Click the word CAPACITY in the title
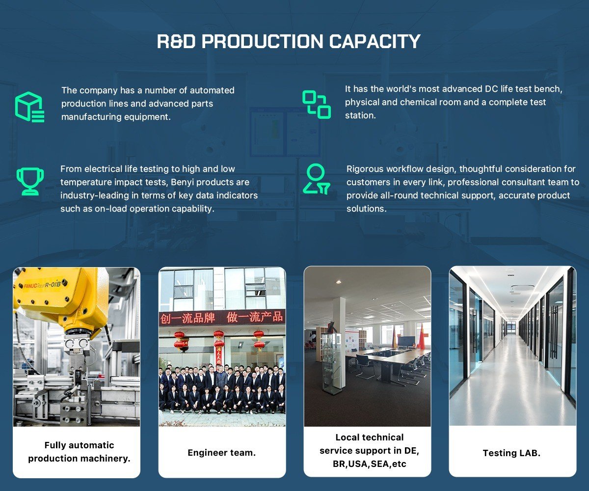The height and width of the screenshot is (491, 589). (x=375, y=41)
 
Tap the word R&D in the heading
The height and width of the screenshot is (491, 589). (x=176, y=41)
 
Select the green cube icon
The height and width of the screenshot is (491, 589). (x=29, y=107)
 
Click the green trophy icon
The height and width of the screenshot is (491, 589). (x=30, y=182)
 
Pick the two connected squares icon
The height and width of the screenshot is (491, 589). (x=317, y=105)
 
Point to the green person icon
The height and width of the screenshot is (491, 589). (x=316, y=179)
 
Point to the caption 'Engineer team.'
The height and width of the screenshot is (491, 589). (x=222, y=453)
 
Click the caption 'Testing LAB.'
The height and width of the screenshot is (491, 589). (x=511, y=453)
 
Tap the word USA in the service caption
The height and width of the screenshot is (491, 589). (x=359, y=464)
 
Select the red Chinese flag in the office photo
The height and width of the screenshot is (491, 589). (x=421, y=337)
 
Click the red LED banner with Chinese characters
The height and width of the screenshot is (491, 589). (x=222, y=318)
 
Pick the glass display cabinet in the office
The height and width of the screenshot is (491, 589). (x=331, y=363)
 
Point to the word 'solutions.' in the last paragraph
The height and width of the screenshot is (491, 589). (x=367, y=209)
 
